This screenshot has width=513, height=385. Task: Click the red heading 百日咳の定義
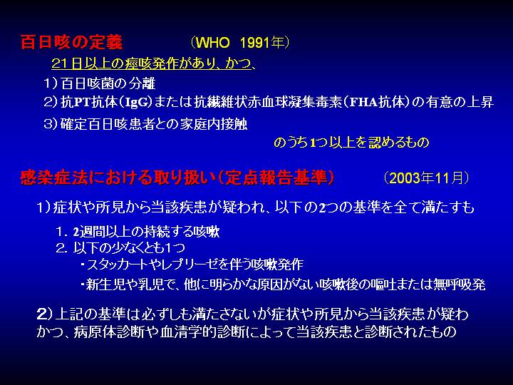[71, 42]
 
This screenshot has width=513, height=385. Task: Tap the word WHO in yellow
[212, 43]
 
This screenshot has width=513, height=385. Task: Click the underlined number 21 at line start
[60, 63]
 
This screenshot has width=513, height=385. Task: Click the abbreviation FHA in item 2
[363, 103]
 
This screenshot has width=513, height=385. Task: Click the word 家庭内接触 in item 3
[213, 124]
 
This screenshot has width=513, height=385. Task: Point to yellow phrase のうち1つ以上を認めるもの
[351, 143]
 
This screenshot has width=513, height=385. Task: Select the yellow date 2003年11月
[426, 178]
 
